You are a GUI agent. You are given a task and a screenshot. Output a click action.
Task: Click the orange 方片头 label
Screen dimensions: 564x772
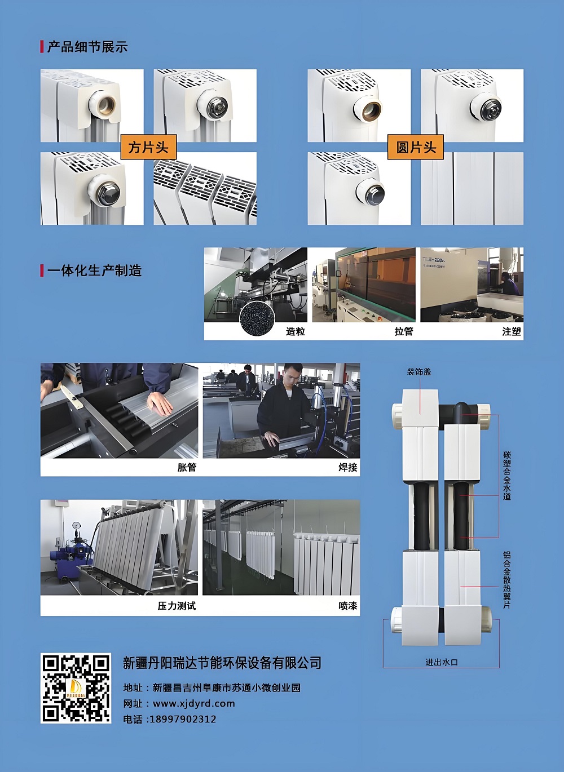click(x=148, y=147)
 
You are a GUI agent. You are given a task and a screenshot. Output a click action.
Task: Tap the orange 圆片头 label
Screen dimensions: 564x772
click(x=415, y=147)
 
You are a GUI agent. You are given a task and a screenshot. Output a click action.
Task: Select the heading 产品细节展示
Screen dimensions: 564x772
click(x=87, y=47)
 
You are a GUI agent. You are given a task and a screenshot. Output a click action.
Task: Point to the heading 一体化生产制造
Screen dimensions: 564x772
click(x=95, y=270)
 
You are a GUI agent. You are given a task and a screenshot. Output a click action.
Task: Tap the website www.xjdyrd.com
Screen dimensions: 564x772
click(x=194, y=703)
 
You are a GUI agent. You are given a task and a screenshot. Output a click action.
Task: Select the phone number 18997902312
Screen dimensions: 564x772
click(x=183, y=719)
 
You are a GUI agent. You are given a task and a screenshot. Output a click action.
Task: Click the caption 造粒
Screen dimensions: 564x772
click(x=296, y=331)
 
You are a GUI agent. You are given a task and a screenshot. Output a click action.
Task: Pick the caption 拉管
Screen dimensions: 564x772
click(x=404, y=331)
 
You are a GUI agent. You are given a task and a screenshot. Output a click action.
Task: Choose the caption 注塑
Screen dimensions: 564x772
click(x=512, y=331)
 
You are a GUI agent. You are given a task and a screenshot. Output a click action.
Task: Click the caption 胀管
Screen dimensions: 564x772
click(x=187, y=467)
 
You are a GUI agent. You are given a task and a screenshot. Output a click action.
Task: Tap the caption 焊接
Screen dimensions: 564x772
click(x=348, y=467)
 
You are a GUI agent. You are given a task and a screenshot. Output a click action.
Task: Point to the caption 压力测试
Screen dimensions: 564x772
click(x=177, y=606)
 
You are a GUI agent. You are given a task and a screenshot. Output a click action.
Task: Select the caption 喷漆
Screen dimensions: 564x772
click(x=348, y=606)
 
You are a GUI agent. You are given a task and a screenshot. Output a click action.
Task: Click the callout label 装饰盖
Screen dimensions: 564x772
click(x=419, y=372)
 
